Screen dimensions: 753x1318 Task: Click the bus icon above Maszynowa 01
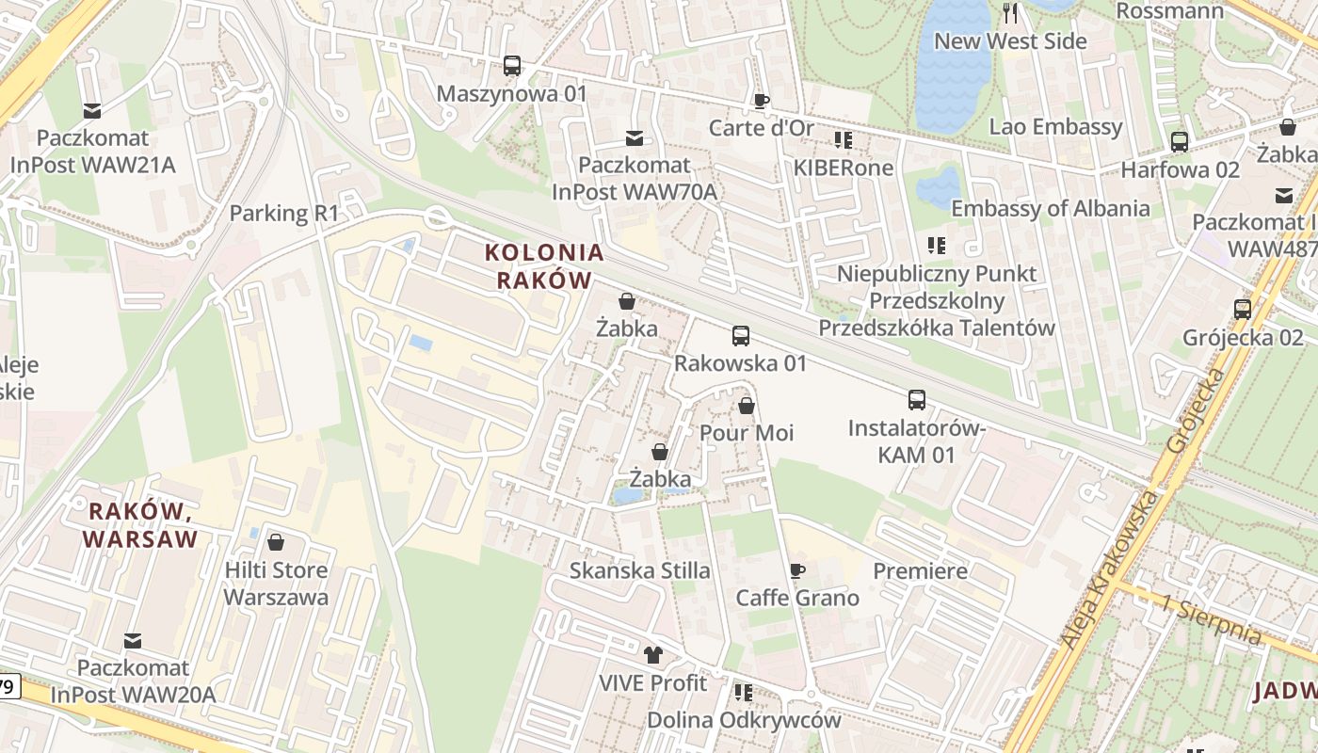512,66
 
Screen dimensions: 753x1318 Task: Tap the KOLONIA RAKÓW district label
543,266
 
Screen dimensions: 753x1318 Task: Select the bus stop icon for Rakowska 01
741,336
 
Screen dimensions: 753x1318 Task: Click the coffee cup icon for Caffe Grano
796,570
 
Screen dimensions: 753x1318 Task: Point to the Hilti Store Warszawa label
276,584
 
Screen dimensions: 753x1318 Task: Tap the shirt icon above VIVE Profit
652,655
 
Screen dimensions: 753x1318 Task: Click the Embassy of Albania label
1050,208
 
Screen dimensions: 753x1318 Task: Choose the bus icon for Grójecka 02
1243,309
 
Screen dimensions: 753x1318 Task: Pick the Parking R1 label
283,214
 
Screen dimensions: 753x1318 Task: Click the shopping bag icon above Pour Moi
747,406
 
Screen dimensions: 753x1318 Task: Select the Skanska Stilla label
640,570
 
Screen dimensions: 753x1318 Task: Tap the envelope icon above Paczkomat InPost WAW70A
635,138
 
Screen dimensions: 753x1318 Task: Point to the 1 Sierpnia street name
1212,620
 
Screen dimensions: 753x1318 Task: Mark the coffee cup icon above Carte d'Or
762,101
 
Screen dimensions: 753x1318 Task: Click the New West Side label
1010,41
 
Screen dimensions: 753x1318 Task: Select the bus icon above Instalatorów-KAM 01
917,400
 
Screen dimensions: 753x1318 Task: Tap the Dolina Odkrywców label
743,720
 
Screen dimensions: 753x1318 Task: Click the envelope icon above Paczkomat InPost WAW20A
133,641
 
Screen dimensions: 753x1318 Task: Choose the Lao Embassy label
1055,127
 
